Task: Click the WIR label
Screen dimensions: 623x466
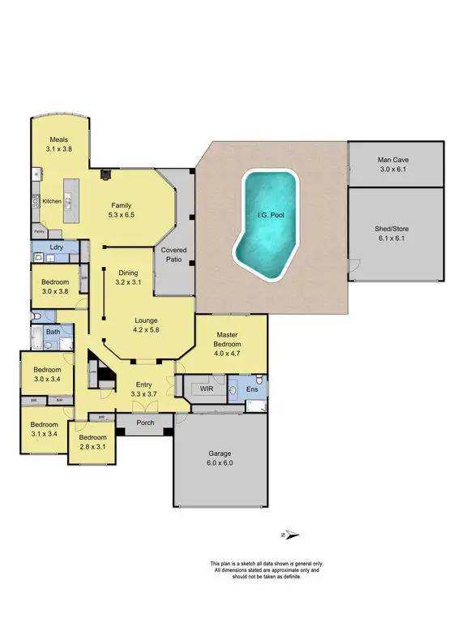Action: pyautogui.click(x=207, y=389)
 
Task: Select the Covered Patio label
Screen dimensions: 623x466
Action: pyautogui.click(x=174, y=255)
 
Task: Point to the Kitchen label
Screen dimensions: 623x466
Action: pyautogui.click(x=52, y=201)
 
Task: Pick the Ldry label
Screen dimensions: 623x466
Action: pyautogui.click(x=56, y=247)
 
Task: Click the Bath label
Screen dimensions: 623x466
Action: pyautogui.click(x=53, y=332)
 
